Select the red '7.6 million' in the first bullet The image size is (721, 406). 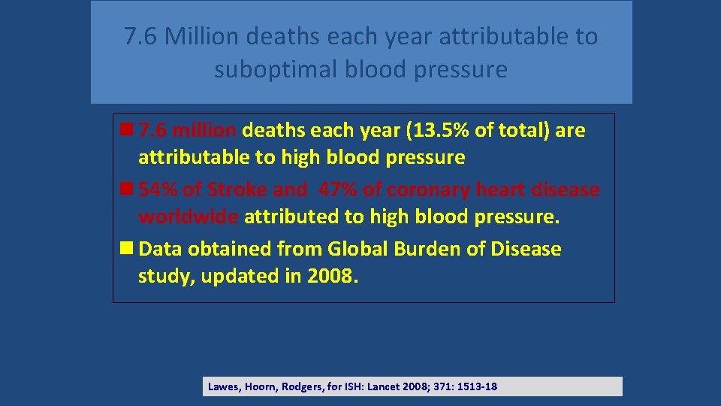tap(188, 131)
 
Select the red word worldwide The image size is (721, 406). tap(189, 217)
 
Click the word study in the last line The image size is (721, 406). tap(162, 276)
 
